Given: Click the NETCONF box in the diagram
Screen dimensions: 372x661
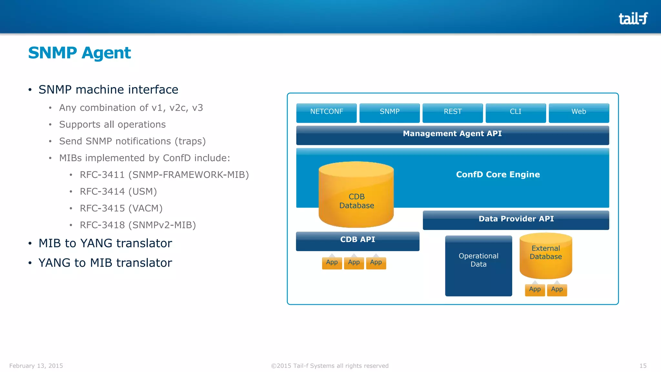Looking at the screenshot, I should pos(326,112).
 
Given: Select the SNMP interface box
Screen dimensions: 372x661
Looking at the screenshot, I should pos(390,112).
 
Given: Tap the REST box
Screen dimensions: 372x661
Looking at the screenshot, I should pos(453,112).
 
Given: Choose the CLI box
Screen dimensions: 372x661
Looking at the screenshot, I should pos(515,112).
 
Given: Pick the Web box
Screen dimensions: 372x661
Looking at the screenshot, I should pos(579,112).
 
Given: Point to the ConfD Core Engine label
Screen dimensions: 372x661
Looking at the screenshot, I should pos(498,175).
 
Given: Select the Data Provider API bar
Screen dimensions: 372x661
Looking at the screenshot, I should pos(516,220).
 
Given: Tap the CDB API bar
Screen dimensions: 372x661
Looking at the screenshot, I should pos(358,241).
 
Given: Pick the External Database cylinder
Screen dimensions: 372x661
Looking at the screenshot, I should pos(546,255).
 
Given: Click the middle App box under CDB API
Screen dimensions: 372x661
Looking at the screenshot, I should pos(354,263).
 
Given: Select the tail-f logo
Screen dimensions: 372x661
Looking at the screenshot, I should pos(633,18).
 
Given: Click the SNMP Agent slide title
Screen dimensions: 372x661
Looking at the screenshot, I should pos(79,53).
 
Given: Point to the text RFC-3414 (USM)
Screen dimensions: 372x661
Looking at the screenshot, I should pos(118,191).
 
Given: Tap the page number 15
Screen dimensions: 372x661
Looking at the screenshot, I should pos(643,366).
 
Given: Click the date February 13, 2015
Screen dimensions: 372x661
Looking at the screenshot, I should pos(36,366).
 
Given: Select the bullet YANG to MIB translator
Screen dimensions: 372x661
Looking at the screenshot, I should pos(105,263).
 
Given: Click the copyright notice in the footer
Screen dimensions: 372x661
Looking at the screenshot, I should pos(330,366).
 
